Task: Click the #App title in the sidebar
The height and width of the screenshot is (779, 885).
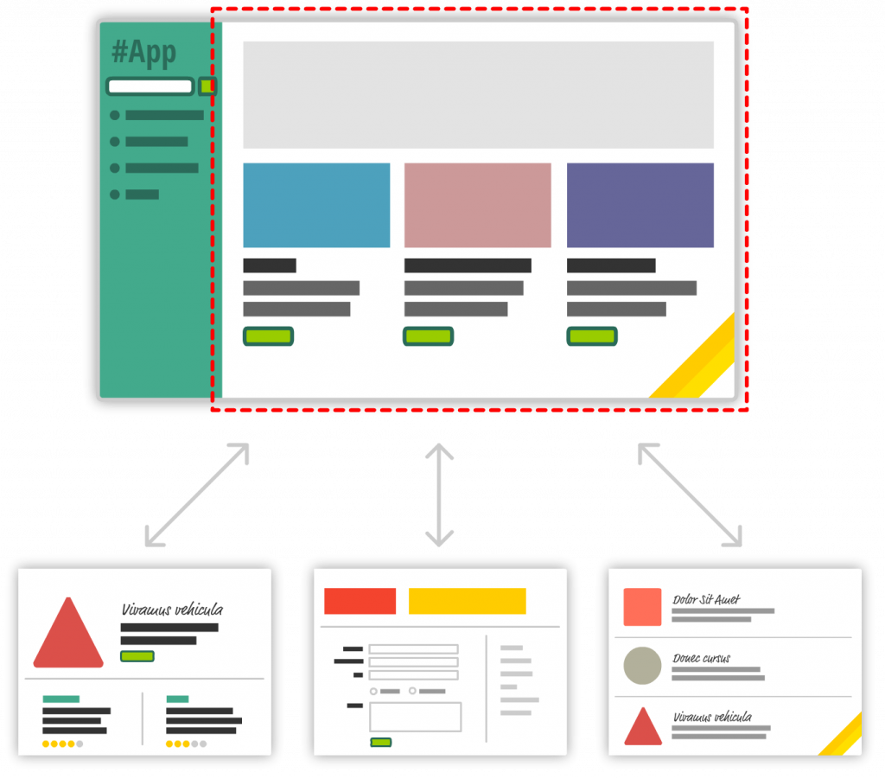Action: [x=144, y=52]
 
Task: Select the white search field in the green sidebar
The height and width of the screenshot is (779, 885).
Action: [x=150, y=86]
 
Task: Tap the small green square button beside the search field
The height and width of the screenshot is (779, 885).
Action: [x=207, y=86]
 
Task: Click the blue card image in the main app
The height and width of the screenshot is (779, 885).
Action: [x=316, y=205]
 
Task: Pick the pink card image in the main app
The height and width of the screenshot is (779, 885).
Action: [x=477, y=205]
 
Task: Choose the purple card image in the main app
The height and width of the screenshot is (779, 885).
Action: [x=640, y=205]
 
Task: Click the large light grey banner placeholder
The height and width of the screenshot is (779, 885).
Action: [x=478, y=95]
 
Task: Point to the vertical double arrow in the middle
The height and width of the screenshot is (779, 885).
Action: [x=441, y=495]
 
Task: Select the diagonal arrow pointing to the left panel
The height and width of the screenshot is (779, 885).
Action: [x=198, y=495]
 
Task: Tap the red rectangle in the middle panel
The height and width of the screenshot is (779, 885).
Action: [x=360, y=601]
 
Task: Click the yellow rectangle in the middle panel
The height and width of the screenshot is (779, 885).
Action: [x=467, y=601]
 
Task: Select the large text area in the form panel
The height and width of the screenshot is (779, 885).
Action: [x=415, y=717]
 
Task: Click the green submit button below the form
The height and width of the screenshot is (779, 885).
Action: [x=380, y=742]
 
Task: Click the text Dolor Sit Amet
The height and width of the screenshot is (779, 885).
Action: [x=706, y=599]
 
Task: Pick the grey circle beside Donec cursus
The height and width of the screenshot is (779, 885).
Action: [x=642, y=666]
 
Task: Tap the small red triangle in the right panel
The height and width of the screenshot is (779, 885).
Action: [x=642, y=728]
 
